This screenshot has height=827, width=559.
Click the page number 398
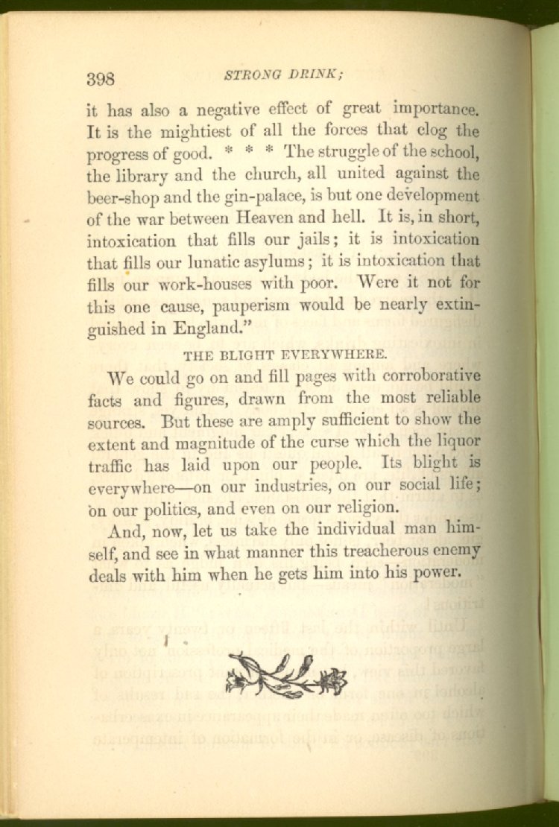[x=100, y=78]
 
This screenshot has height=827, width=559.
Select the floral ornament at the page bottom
[x=287, y=675]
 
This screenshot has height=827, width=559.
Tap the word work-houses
[x=198, y=285]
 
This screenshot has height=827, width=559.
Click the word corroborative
[x=425, y=375]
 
